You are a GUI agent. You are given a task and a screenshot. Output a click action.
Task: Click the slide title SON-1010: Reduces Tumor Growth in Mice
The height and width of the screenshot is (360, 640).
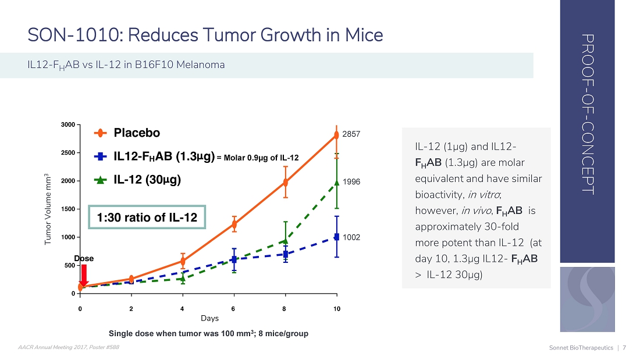pos(205,35)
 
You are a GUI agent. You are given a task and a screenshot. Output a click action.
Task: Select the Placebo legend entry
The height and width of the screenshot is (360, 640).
pos(136,133)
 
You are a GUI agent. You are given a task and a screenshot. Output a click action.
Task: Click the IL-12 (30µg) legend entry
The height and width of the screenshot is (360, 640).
pos(147,180)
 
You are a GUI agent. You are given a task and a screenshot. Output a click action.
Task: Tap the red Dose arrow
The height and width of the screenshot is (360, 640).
pos(83,275)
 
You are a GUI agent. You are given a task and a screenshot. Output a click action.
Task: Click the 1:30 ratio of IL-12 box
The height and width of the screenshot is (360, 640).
pos(147,218)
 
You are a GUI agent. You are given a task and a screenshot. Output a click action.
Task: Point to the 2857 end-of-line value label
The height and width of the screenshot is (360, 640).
pos(351,134)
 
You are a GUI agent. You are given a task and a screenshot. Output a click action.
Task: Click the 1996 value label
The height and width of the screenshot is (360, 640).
pos(351,182)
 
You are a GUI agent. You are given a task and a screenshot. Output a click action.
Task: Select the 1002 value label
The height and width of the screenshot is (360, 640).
pos(351,237)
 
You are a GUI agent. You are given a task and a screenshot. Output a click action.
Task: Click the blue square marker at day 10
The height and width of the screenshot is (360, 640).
pos(337,237)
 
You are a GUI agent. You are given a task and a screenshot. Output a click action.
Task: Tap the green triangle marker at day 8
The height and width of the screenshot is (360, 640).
pos(285,240)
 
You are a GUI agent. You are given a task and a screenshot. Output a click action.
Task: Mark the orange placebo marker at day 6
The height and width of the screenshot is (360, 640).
pos(234,224)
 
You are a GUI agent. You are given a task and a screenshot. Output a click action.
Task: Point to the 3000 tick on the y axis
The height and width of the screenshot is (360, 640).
pos(67,125)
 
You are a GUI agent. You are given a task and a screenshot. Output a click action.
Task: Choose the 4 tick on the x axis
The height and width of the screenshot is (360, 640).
pos(183,308)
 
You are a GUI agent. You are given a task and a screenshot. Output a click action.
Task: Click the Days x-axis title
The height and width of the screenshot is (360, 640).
pos(209,319)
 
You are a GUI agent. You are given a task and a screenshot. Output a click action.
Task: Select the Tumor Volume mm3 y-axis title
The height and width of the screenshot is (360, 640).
pos(48,209)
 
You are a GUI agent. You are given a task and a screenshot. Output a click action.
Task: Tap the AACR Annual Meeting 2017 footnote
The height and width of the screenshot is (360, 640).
pos(69,348)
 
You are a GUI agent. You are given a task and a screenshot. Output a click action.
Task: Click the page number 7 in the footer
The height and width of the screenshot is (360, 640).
pos(624,348)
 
